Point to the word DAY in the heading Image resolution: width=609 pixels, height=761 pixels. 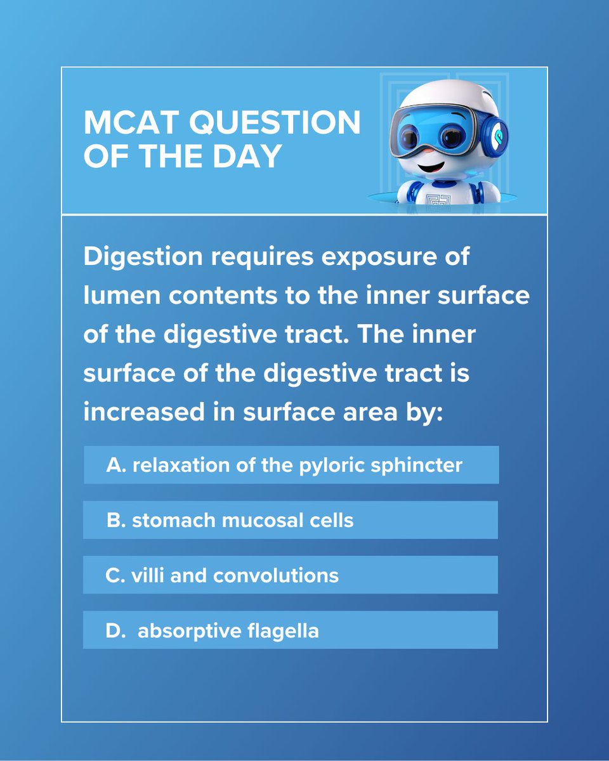coord(245,157)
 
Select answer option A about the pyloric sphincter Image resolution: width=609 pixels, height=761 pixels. coord(291,465)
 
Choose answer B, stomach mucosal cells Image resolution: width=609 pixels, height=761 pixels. coord(290,520)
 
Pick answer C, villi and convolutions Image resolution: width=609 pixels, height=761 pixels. coord(290,575)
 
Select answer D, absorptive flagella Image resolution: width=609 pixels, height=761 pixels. coord(290,630)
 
